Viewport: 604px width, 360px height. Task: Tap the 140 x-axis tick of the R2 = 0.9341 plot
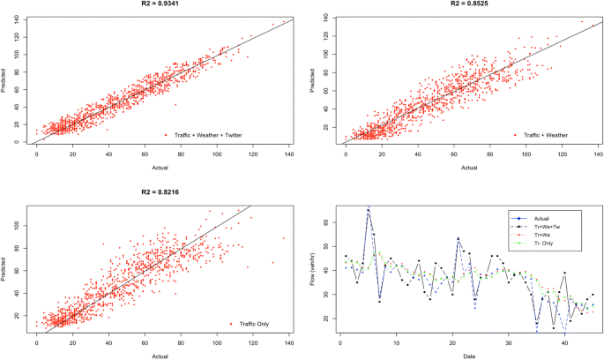coord(288,154)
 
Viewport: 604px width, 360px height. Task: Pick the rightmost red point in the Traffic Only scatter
coord(284,237)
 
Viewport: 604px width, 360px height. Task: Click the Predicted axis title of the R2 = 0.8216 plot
coord(5,268)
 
